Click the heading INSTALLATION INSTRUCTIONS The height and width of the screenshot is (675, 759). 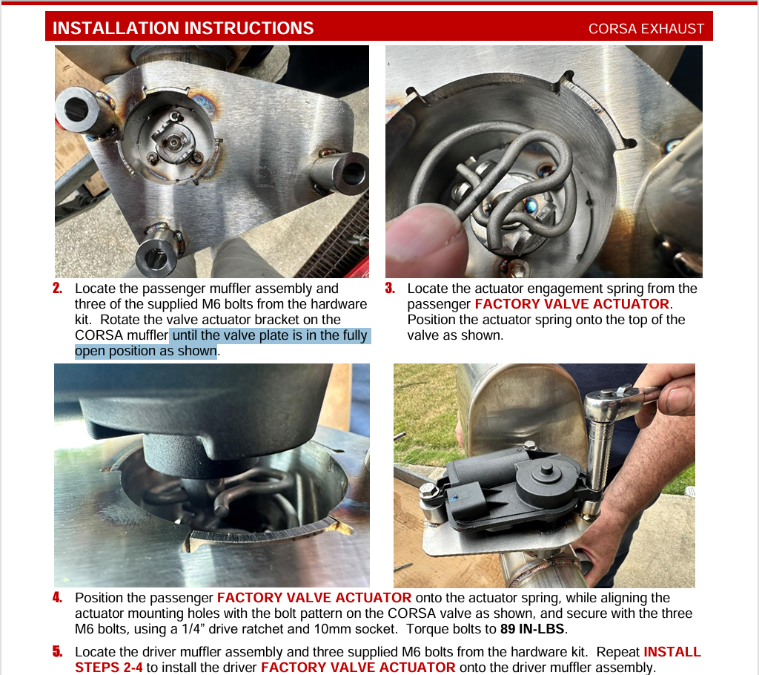tap(183, 28)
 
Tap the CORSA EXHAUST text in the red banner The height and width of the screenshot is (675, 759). tap(646, 29)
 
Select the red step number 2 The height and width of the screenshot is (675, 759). tap(57, 289)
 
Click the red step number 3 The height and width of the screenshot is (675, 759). tap(390, 289)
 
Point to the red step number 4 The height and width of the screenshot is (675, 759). tap(57, 597)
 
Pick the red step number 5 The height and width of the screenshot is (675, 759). tap(57, 652)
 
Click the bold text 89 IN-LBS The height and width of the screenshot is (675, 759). tap(532, 629)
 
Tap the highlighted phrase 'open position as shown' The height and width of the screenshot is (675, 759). tap(146, 351)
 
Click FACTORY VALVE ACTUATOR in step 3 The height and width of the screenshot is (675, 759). tap(571, 304)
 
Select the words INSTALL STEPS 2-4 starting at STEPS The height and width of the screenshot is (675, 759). tap(108, 668)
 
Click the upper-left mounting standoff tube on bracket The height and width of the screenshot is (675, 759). tap(82, 110)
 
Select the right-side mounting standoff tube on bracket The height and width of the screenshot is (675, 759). tap(341, 172)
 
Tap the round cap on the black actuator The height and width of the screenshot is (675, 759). tap(546, 476)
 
